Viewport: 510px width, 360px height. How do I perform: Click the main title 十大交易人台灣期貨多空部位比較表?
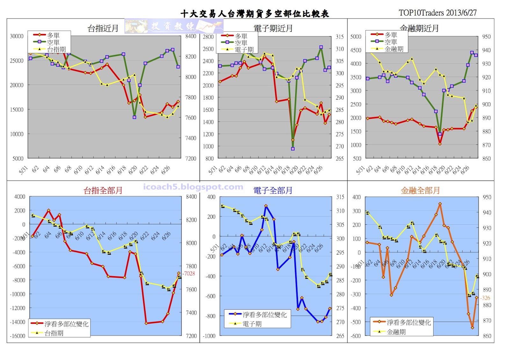pos(254,14)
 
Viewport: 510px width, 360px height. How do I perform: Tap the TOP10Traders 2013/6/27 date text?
pos(437,13)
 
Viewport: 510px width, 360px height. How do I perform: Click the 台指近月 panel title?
pos(103,29)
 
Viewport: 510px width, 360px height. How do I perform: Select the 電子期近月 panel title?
pos(273,29)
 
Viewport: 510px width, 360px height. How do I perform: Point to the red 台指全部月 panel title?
pos(103,191)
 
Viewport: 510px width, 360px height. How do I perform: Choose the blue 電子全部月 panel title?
pos(273,191)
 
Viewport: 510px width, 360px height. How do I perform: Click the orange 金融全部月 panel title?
pos(420,191)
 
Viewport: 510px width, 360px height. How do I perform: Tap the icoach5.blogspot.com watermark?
pos(193,187)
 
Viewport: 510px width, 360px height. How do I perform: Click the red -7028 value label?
pos(189,273)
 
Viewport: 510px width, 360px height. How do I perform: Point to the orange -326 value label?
pos(485,298)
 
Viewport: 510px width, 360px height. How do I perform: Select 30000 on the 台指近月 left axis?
pos(17,36)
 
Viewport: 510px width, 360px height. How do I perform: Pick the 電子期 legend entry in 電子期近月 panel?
pos(244,50)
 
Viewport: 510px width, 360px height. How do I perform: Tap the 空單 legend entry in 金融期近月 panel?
pos(390,42)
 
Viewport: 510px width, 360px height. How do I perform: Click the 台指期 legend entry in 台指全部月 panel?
pos(54,333)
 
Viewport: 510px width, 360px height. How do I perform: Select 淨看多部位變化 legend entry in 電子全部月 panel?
pos(264,315)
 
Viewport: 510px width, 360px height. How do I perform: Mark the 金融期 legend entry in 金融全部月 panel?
pos(396,332)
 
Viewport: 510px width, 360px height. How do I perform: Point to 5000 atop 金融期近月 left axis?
pos(356,37)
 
